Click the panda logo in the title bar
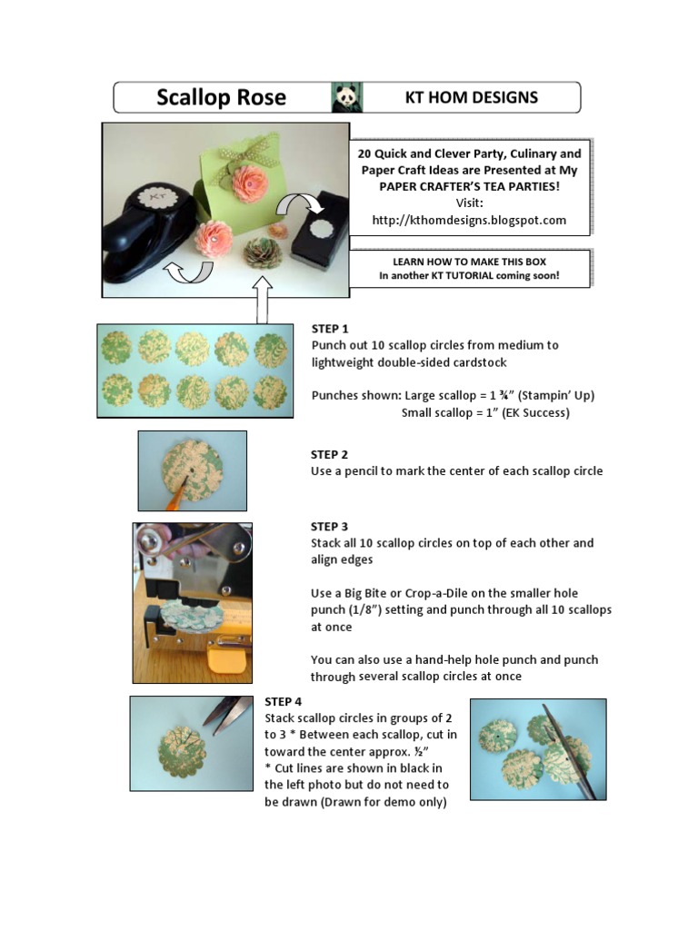point(347,97)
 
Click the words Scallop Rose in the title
point(222,97)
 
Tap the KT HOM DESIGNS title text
point(472,97)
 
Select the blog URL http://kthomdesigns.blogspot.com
point(469,220)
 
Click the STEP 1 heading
point(330,329)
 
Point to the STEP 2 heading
point(329,454)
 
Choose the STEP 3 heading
point(329,526)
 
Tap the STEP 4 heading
point(284,702)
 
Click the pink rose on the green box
point(250,183)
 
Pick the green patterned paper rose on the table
point(262,253)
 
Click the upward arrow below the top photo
point(262,300)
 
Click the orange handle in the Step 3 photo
point(226,660)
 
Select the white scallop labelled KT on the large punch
point(157,196)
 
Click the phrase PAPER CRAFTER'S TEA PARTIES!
point(470,186)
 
